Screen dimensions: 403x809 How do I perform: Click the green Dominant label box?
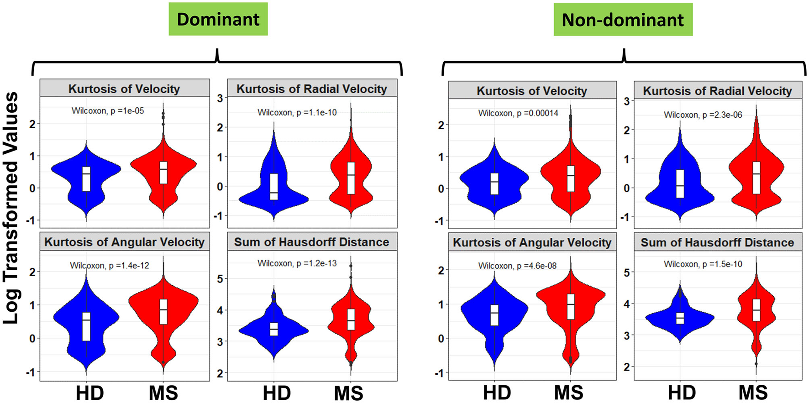point(218,19)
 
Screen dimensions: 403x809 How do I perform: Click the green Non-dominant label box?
point(623,20)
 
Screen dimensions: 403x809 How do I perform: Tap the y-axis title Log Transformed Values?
point(11,208)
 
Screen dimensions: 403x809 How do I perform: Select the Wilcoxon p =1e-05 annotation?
point(108,110)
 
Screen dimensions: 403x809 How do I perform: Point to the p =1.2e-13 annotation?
point(297,263)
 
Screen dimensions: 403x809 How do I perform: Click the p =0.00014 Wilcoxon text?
point(518,113)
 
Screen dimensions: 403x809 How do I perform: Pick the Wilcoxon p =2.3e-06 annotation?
point(703,115)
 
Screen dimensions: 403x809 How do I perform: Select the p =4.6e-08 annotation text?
point(517,266)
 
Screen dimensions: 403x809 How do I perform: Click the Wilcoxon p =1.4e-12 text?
point(110,265)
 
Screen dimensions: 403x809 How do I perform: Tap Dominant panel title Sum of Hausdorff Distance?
point(312,242)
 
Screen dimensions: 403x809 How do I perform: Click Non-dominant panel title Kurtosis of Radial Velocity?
point(717,91)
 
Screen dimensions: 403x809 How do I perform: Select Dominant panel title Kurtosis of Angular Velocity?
point(124,242)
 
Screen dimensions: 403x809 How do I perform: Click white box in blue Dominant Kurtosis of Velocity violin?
point(86,179)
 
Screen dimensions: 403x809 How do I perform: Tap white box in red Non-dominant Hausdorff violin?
point(756,310)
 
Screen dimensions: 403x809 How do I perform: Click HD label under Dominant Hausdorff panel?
point(277,393)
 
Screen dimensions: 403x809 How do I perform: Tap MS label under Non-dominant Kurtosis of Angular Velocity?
point(569,393)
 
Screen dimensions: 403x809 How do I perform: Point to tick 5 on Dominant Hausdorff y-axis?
point(221,279)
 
